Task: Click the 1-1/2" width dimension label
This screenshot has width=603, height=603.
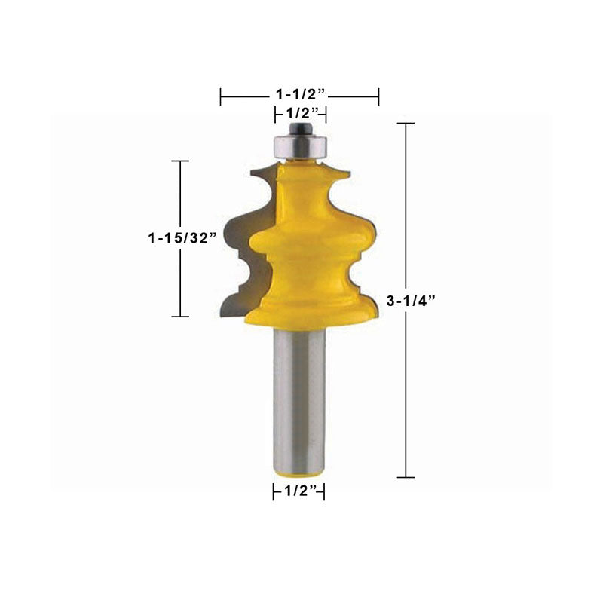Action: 301,94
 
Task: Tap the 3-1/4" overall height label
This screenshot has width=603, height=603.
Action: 411,300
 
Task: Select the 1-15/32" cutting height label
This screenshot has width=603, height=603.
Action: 182,238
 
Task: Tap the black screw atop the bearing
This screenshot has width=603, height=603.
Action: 300,128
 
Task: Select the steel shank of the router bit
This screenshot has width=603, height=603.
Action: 299,400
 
